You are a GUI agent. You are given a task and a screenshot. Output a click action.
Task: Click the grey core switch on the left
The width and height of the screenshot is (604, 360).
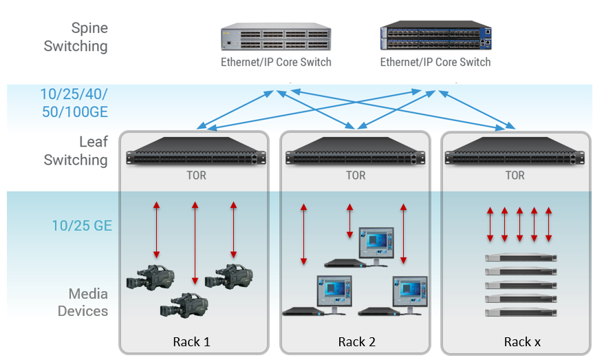(275, 39)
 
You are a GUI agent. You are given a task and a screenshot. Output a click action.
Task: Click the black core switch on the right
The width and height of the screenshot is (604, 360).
(435, 38)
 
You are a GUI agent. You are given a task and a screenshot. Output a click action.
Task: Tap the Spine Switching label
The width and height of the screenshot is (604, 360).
(76, 37)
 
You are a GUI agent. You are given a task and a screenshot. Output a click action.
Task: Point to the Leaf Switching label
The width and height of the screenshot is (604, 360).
(76, 151)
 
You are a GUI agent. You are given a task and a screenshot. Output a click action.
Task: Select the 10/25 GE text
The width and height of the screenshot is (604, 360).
(81, 225)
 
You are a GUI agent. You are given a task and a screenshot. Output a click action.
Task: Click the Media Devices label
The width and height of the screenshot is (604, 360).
(83, 302)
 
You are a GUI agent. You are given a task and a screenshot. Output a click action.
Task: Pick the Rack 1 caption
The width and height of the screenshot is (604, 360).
(192, 342)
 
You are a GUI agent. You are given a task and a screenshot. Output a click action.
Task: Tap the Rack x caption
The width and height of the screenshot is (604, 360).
(517, 342)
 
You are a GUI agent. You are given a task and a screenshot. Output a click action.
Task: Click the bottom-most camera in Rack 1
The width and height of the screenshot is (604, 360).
(184, 304)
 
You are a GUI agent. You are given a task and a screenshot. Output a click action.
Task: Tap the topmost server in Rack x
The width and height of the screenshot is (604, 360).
(520, 258)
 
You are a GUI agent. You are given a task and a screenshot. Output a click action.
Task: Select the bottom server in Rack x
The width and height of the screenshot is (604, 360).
(520, 312)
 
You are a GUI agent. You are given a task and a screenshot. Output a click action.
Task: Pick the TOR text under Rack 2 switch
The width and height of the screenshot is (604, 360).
(356, 176)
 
